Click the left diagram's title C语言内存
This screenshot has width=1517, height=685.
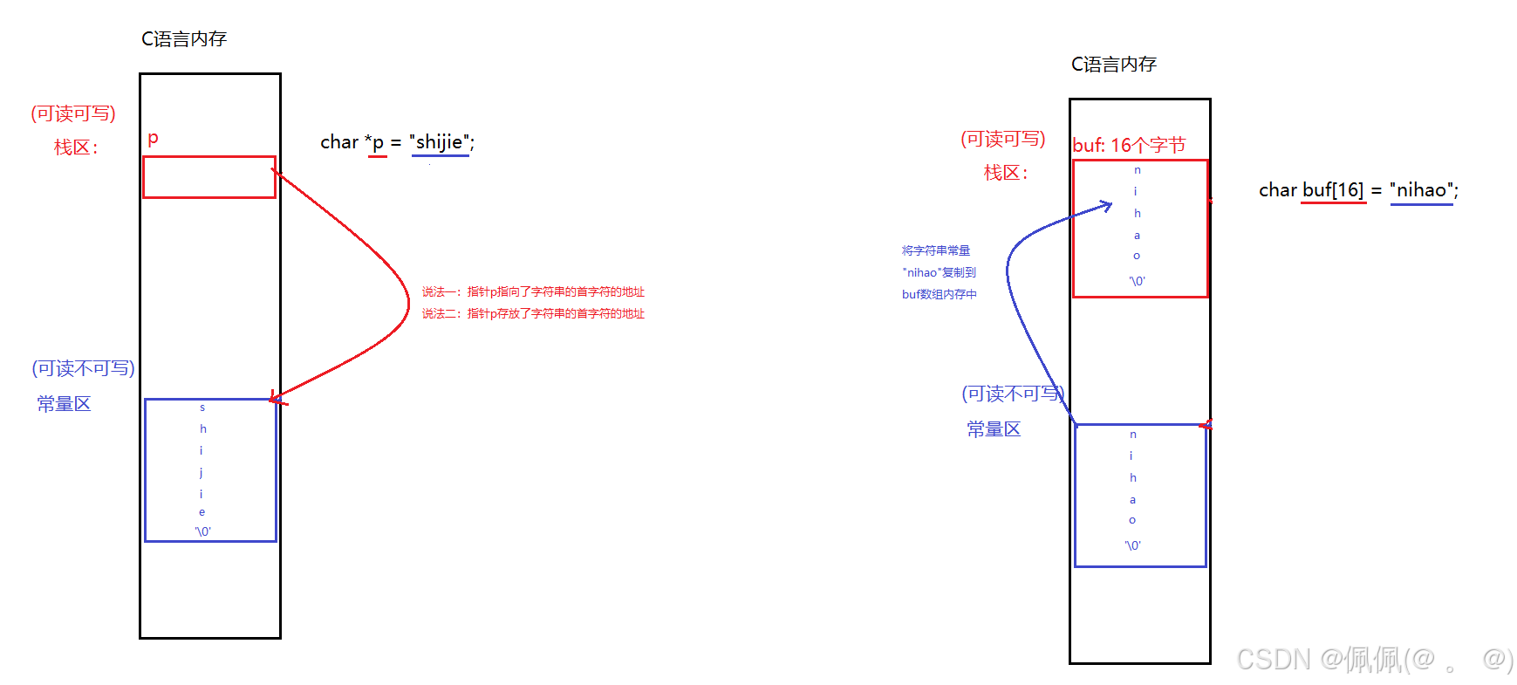(184, 39)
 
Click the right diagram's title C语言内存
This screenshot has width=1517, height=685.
(1114, 65)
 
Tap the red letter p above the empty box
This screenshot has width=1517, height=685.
(153, 138)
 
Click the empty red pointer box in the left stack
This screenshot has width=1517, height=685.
(209, 177)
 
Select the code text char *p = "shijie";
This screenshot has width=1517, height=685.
(397, 142)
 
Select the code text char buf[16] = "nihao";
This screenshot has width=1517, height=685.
(1358, 190)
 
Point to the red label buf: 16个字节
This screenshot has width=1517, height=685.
(1129, 145)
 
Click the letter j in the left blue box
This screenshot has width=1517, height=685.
(202, 472)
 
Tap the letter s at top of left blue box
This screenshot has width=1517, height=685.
(202, 408)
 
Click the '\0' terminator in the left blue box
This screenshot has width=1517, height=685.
(202, 531)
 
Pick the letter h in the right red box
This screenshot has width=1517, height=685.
(1137, 213)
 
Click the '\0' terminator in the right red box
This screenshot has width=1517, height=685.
(1137, 281)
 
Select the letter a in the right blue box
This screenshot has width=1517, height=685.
(1132, 500)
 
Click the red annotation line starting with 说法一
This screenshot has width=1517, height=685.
(533, 291)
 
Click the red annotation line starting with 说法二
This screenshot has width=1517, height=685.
(533, 313)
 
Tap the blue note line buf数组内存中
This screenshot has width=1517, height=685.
(939, 295)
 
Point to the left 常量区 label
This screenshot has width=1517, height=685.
(64, 404)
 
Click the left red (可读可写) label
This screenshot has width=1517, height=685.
(73, 113)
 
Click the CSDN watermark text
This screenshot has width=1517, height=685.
(1374, 659)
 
